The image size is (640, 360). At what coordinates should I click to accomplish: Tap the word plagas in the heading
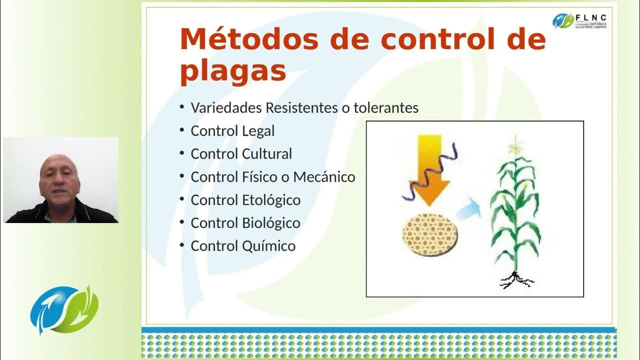tap(233, 71)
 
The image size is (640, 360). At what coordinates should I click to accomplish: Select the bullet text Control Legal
tap(232, 131)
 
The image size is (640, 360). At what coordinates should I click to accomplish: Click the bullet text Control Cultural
tap(241, 154)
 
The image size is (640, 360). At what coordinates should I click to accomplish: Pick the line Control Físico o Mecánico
tap(273, 177)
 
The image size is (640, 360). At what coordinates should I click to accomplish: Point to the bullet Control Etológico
tap(245, 200)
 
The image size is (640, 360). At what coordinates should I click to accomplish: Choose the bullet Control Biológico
tap(245, 223)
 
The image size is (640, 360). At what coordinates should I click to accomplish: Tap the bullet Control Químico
tap(243, 246)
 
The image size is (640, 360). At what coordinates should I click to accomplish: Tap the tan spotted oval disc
tap(430, 234)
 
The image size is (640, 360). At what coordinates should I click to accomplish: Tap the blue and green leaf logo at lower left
tap(64, 309)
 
